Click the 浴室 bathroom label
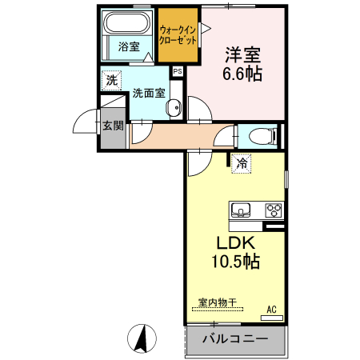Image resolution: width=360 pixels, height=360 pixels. tap(128, 47)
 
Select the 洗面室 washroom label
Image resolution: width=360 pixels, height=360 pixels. tap(149, 92)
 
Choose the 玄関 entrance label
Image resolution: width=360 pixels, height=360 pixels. tap(113, 125)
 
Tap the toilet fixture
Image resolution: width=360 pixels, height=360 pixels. tap(260, 135)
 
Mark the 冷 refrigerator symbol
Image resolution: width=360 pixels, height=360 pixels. tap(241, 164)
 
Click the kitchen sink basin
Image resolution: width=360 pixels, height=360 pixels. tap(241, 210)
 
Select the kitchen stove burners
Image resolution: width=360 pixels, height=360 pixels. tap(274, 210)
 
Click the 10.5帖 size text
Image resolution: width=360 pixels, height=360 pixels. tap(234, 262)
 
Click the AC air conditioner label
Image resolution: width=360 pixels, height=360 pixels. tap(271, 309)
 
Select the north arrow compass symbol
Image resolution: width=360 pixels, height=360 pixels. tap(143, 339)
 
